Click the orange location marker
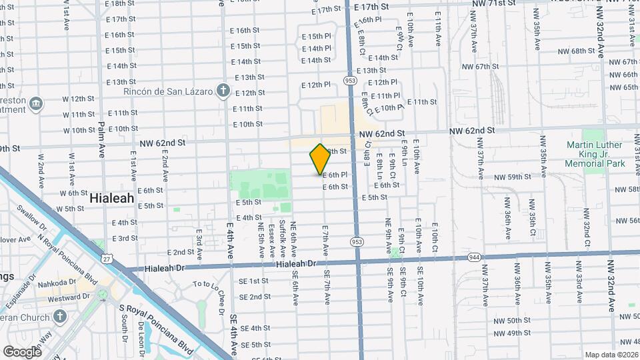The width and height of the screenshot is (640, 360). click(x=320, y=159)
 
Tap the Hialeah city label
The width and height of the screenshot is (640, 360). click(x=112, y=198)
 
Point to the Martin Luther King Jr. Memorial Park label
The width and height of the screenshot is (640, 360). click(x=594, y=154)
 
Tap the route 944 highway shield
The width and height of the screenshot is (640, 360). click(x=474, y=256)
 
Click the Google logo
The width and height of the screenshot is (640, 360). click(x=22, y=351)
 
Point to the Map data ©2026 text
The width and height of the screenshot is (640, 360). click(x=611, y=355)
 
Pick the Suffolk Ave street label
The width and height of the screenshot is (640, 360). click(x=282, y=238)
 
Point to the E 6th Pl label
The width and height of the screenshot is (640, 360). click(x=335, y=175)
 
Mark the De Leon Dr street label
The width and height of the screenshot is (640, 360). click(x=141, y=338)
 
